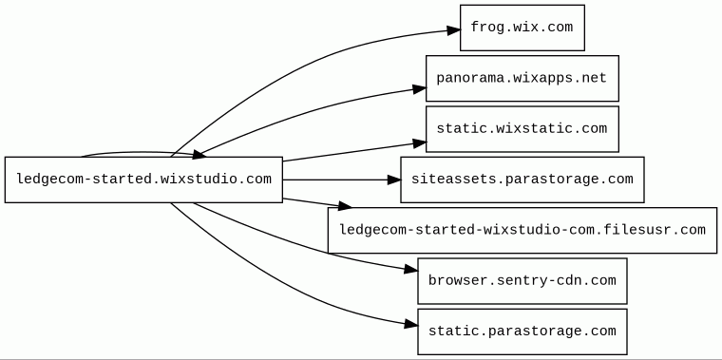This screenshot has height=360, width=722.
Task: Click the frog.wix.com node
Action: pos(522,28)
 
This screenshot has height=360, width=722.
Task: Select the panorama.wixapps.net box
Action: pos(522,78)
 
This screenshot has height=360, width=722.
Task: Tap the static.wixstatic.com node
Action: pos(522,129)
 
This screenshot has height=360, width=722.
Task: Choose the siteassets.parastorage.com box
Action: pos(522,180)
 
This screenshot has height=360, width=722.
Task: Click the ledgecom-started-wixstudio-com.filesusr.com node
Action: pos(522,230)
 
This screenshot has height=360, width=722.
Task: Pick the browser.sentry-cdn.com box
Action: pos(522,281)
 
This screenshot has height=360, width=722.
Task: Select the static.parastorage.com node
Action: pos(522,332)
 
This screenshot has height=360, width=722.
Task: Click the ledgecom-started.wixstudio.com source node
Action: pos(143,180)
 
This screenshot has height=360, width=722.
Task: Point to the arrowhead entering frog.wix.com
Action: pos(453,30)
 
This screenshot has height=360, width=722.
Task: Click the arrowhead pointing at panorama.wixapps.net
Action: pos(419,89)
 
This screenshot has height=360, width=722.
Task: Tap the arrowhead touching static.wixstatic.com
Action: pos(419,143)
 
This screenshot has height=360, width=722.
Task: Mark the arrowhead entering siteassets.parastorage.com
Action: pos(393,180)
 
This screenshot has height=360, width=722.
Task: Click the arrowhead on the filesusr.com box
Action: pos(345,206)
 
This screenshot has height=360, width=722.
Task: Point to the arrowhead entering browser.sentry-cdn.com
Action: pos(410,270)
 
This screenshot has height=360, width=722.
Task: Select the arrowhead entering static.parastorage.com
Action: pos(410,325)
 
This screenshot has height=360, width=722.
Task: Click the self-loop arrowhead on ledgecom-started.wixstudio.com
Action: pos(199,155)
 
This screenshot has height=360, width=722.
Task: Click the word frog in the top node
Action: pos(487,28)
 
